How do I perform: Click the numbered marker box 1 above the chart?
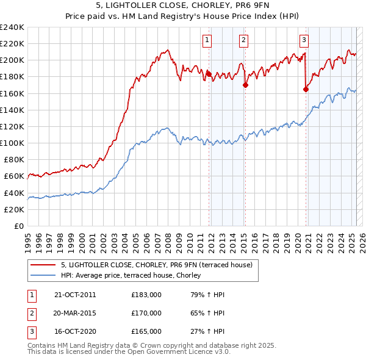point(207,40)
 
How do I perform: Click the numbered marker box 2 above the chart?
point(243,40)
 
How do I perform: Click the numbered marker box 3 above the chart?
point(304,40)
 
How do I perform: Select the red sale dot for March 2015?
point(245,85)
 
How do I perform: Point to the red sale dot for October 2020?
point(306,89)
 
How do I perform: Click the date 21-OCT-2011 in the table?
point(75,295)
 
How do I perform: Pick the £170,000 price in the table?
point(146,313)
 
